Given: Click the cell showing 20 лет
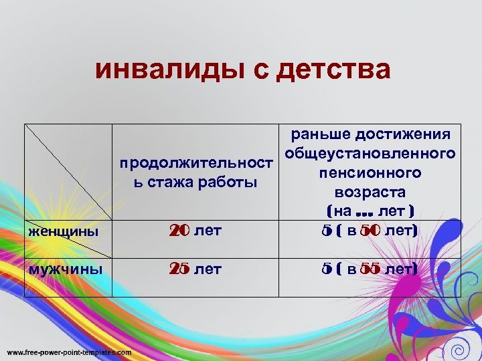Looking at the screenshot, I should coord(195,231).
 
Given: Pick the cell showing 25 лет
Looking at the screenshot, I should coord(195,269).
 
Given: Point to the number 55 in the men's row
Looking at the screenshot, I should coord(370,269).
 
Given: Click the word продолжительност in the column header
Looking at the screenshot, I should coord(196,163).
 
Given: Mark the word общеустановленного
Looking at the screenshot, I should coord(370,154).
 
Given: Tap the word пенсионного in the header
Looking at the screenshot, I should coord(370,173).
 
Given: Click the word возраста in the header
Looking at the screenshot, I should coord(370,193).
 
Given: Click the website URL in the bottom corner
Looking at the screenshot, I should coord(69,352).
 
